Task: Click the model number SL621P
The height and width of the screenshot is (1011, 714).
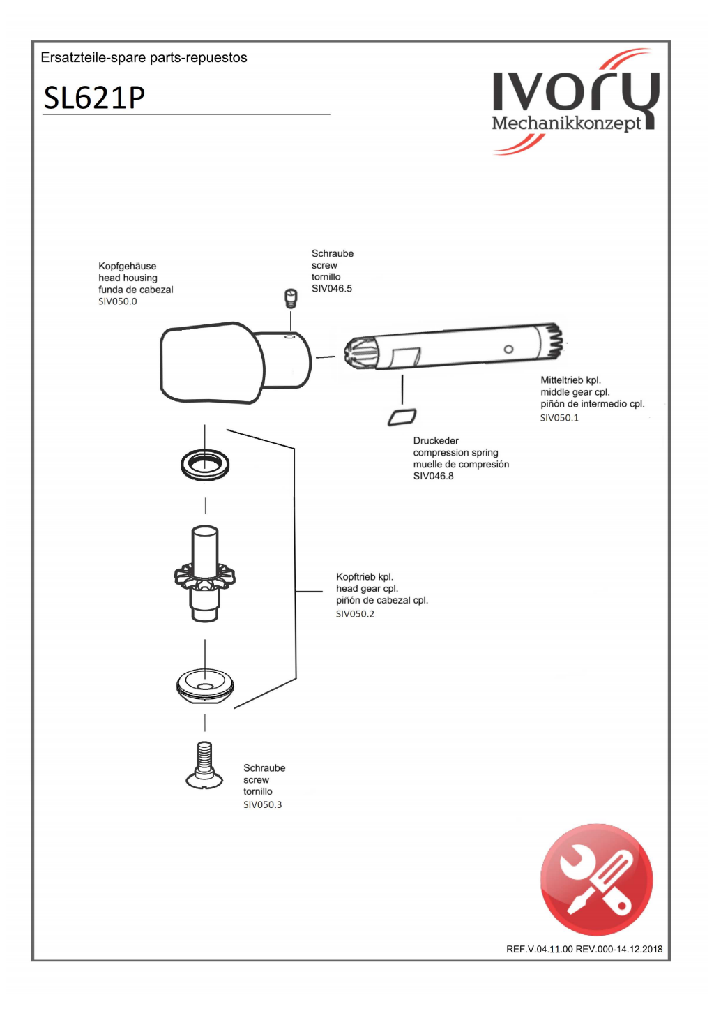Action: tap(94, 98)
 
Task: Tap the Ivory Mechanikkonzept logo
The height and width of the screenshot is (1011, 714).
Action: tap(574, 102)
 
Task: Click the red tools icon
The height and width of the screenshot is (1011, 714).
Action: tap(596, 879)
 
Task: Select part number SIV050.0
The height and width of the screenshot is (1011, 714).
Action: tap(118, 301)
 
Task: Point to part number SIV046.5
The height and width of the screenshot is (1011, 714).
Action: tap(332, 289)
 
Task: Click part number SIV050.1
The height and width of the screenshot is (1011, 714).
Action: tap(559, 418)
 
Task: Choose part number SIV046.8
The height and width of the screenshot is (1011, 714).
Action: tap(433, 476)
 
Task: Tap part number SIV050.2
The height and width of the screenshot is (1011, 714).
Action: tap(355, 614)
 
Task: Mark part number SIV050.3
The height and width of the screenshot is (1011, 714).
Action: tap(262, 804)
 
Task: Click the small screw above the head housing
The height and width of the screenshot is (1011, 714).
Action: tap(291, 299)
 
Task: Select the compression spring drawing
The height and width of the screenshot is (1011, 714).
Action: tap(402, 417)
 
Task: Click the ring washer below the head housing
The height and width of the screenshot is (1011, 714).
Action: tap(205, 464)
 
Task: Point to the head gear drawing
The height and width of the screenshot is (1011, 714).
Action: tap(205, 574)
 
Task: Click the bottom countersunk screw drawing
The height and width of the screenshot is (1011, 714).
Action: tap(204, 766)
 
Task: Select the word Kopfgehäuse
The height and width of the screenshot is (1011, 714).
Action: tap(128, 266)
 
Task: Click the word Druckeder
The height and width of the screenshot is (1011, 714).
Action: tap(436, 441)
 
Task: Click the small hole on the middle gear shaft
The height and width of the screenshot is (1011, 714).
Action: tap(508, 349)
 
